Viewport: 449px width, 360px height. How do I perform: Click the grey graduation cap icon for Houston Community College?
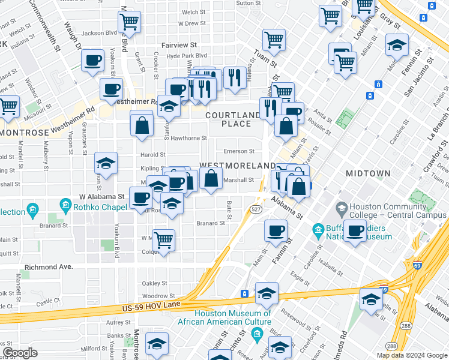click(x=342, y=208)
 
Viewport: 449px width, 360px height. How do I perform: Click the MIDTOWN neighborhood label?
click(x=368, y=173)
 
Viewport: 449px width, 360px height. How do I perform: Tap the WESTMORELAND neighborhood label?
click(x=237, y=165)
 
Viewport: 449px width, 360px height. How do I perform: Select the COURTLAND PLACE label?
click(x=236, y=119)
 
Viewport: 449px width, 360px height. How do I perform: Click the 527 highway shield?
click(x=255, y=208)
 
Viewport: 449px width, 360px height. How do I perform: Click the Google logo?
click(x=20, y=352)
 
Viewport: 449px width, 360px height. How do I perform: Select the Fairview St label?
click(x=181, y=45)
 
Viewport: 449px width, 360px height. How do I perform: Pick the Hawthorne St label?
click(x=188, y=138)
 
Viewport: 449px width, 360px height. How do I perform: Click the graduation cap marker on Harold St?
click(x=106, y=163)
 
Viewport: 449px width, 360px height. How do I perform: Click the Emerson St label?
click(x=240, y=151)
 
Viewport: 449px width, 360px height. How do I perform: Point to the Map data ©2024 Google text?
click(x=411, y=355)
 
